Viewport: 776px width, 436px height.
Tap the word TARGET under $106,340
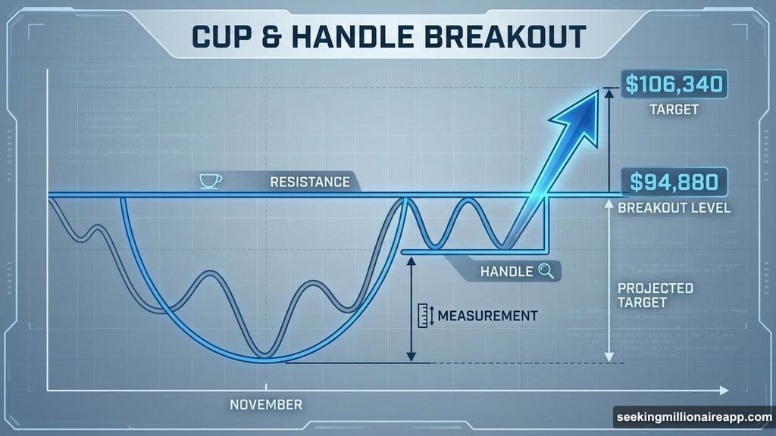(x=674, y=111)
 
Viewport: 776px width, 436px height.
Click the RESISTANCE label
(x=309, y=182)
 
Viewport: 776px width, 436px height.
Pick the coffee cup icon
(x=210, y=181)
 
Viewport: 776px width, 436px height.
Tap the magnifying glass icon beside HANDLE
(x=547, y=270)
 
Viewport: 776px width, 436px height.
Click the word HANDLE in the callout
(x=506, y=271)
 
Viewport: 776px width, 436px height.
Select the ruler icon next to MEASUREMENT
(x=425, y=316)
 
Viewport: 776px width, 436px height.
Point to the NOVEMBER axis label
(x=265, y=404)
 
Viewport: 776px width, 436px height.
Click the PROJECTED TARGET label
(x=644, y=295)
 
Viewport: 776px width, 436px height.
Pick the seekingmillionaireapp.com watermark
(x=693, y=418)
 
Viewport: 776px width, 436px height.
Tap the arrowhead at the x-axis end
(x=724, y=390)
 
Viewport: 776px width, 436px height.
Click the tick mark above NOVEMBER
(x=265, y=387)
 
